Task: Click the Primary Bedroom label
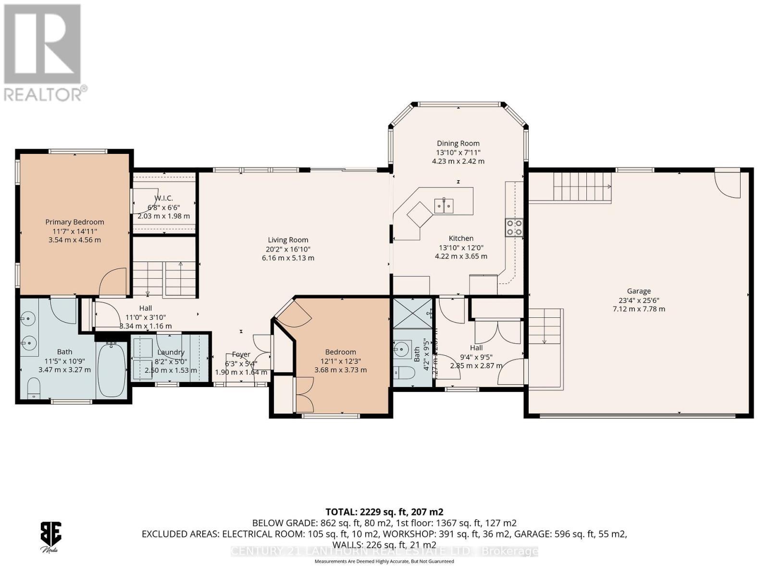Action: tap(74, 222)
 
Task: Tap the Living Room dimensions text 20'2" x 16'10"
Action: tap(288, 249)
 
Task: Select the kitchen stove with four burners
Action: tap(514, 227)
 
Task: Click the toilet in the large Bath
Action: tap(33, 388)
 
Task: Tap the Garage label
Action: tap(638, 290)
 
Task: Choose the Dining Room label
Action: tap(458, 143)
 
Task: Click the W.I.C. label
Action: tap(163, 198)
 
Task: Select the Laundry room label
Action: tap(171, 352)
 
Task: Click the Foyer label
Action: tap(241, 354)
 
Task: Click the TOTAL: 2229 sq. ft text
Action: tap(384, 512)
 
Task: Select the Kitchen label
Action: tap(461, 238)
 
